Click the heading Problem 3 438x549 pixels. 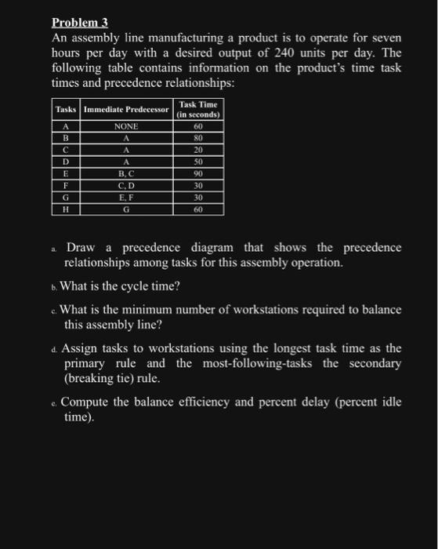pyautogui.click(x=79, y=23)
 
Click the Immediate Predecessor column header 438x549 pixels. pyautogui.click(x=125, y=109)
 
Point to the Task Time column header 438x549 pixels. pyautogui.click(x=199, y=109)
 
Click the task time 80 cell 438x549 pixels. pyautogui.click(x=199, y=138)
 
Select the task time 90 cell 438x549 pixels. pyautogui.click(x=199, y=173)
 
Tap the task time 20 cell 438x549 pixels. pyautogui.click(x=199, y=150)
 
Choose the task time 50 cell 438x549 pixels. pyautogui.click(x=199, y=162)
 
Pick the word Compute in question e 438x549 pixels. pyautogui.click(x=87, y=402)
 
